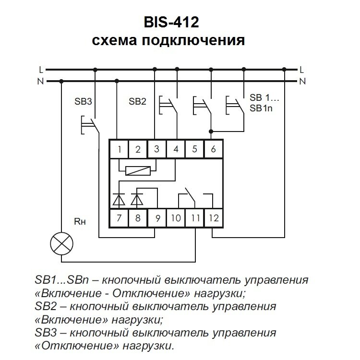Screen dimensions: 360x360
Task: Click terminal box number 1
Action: [118, 149]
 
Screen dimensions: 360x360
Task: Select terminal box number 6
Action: [214, 149]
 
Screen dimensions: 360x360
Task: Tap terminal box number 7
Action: [118, 218]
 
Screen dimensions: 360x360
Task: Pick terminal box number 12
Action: [214, 218]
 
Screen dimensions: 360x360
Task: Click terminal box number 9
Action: [156, 218]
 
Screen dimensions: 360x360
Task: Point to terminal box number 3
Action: [156, 149]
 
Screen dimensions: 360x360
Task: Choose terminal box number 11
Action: [194, 218]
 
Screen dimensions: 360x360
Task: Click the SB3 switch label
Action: [83, 101]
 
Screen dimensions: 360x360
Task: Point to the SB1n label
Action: [261, 108]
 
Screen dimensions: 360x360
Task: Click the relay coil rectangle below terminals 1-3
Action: [139, 170]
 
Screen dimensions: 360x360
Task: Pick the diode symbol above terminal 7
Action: [118, 197]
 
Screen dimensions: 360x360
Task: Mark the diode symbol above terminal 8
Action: [137, 197]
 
